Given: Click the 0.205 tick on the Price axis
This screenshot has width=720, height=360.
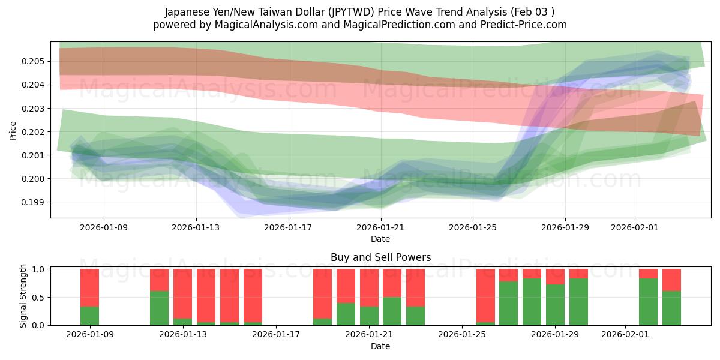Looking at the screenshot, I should click(x=34, y=61).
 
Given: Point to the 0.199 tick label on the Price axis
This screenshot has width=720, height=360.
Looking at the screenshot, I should click(x=34, y=202).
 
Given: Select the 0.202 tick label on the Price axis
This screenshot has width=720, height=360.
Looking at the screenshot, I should click(x=34, y=132).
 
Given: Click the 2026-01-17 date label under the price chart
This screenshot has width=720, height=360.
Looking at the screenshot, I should click(x=289, y=227).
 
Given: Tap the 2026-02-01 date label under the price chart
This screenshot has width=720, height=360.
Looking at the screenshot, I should click(x=635, y=227).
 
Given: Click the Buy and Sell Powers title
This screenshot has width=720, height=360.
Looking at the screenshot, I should click(x=380, y=257).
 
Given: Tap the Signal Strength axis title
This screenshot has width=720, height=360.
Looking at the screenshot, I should click(x=23, y=296).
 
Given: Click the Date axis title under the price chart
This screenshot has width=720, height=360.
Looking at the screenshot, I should click(x=380, y=239).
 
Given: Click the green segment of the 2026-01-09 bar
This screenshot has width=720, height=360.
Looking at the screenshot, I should click(x=90, y=316).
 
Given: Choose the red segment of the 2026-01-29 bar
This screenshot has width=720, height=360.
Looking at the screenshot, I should click(x=555, y=276).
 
